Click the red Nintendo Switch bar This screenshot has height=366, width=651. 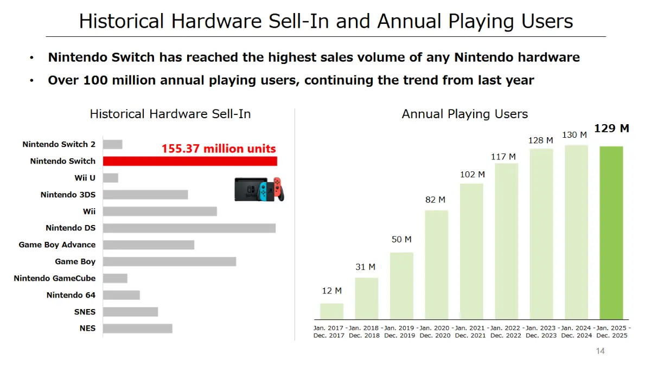coord(190,161)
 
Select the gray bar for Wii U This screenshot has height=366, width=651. coord(110,178)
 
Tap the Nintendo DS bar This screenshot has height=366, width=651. coord(189,228)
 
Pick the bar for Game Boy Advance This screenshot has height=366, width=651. coord(148,245)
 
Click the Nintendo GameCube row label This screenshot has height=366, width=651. coord(54,278)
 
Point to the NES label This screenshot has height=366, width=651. coord(87,328)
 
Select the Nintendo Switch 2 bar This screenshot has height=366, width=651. coord(112,144)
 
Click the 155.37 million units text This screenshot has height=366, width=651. coord(219,149)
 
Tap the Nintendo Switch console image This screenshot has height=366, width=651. coord(259,189)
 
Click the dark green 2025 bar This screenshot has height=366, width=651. coord(611,233)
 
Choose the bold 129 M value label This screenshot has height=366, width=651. coord(611,129)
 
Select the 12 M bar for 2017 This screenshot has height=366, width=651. coord(331,311)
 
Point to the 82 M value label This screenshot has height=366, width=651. coord(435,200)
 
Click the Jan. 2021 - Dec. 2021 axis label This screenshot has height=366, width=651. coord(470,332)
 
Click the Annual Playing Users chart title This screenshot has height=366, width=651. coord(464,114)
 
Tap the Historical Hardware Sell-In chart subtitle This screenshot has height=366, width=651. coord(170,114)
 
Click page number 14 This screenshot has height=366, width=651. coord(600,351)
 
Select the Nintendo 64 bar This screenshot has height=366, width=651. coord(121,295)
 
